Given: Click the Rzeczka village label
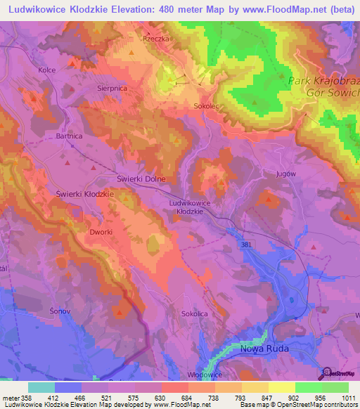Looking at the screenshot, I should click(156, 39).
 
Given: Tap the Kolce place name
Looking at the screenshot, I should click(47, 71).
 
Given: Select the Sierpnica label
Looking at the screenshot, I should click(93, 90).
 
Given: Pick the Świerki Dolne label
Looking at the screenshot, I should click(141, 179).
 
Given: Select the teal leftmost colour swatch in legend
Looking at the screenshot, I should click(41, 387).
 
